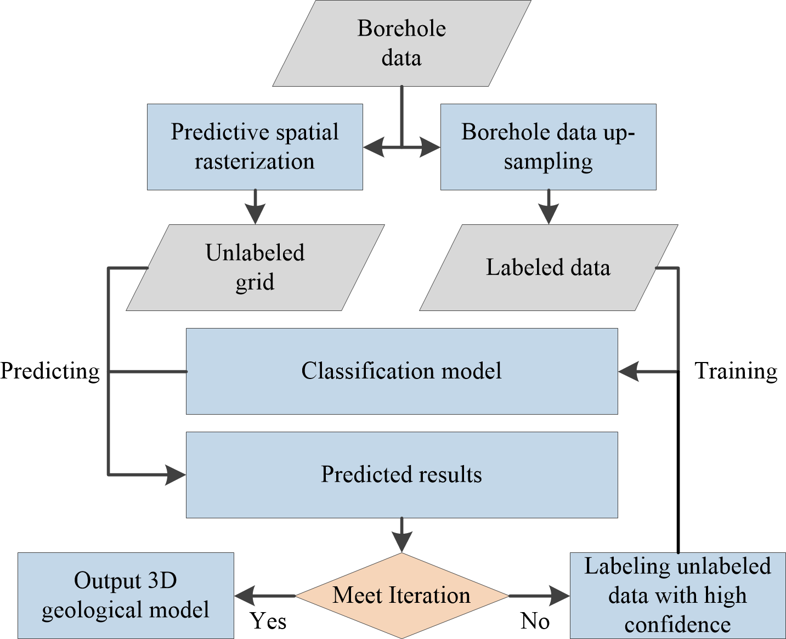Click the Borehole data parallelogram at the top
402,43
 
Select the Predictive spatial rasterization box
255,147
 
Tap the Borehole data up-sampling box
548,147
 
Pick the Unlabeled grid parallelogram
255,268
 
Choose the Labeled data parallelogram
548,268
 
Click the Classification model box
402,371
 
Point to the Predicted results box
402,475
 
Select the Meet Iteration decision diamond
402,596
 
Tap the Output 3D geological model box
126,596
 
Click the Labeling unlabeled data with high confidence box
677,596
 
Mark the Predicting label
50,371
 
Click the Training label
736,371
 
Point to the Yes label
268,621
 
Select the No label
535,621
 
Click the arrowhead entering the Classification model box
629,372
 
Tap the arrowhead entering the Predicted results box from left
176,474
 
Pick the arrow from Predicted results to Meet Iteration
402,535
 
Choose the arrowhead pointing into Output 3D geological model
245,596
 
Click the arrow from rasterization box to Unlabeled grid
255,207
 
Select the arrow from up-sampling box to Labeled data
548,207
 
